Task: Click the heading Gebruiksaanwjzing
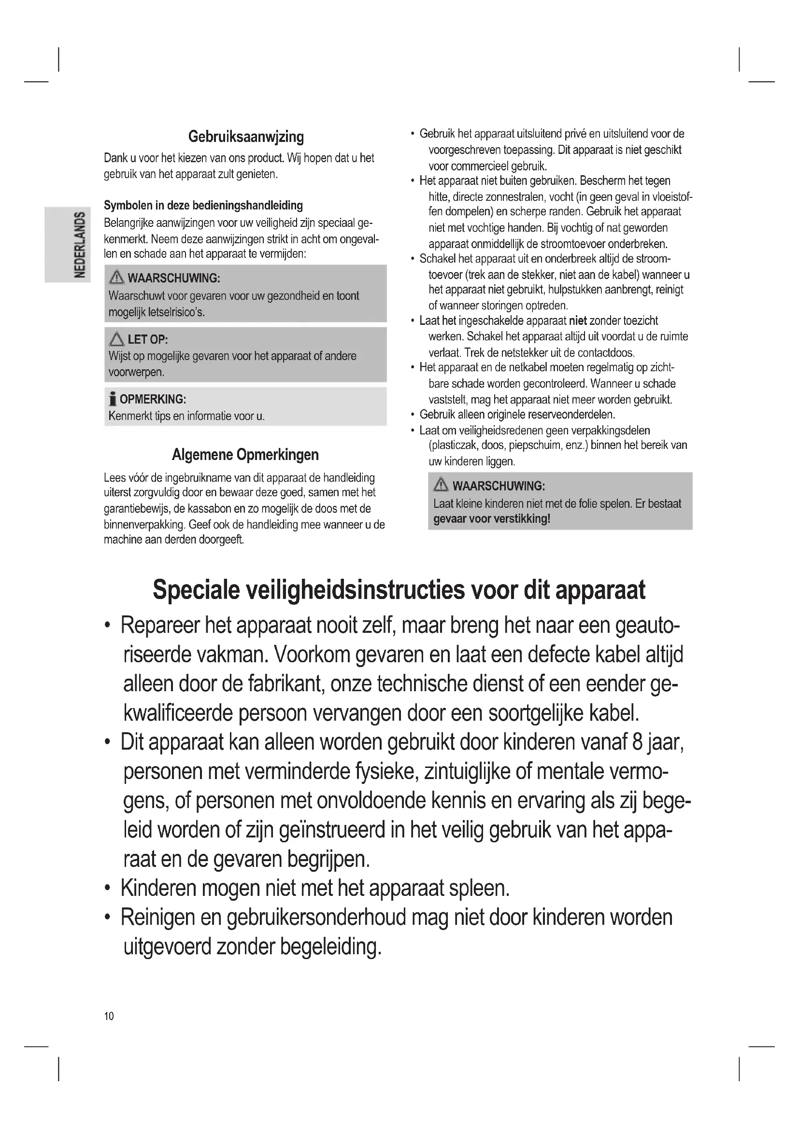coord(246,137)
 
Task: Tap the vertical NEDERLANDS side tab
coord(79,244)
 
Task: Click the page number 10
coord(109,1016)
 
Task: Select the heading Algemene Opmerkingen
coord(245,454)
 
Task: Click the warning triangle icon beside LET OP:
coord(116,339)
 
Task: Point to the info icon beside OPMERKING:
coord(113,399)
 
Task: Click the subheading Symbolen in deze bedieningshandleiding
coord(203,205)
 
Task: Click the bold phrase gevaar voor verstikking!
coord(491,519)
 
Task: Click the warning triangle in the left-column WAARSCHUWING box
coord(116,278)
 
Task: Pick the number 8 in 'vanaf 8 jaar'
coord(638,742)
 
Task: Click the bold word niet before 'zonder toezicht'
coord(578,321)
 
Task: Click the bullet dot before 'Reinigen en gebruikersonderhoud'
coord(107,918)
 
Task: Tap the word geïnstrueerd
coord(332,830)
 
